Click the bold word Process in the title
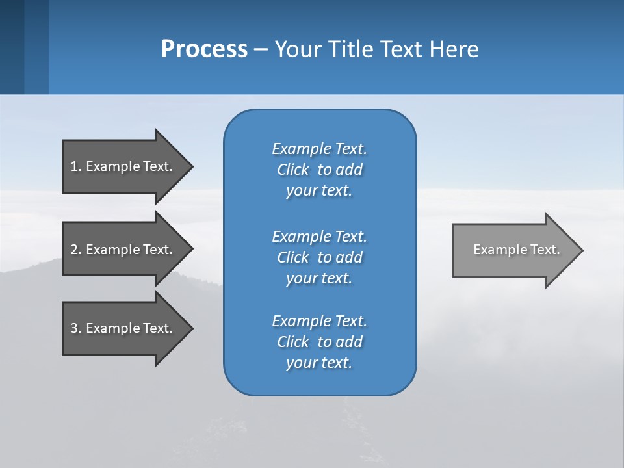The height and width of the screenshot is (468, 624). pyautogui.click(x=204, y=49)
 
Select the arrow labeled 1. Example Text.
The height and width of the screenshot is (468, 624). pyautogui.click(x=123, y=166)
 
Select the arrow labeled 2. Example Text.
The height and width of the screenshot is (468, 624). pyautogui.click(x=123, y=250)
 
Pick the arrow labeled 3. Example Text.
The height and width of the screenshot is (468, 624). pyautogui.click(x=123, y=328)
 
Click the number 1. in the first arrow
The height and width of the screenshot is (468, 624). pyautogui.click(x=76, y=166)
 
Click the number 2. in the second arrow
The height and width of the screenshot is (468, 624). pyautogui.click(x=76, y=250)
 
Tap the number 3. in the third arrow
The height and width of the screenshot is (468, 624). pyautogui.click(x=76, y=328)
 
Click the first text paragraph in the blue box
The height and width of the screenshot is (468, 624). pyautogui.click(x=319, y=170)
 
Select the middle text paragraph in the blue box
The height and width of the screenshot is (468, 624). pyautogui.click(x=319, y=257)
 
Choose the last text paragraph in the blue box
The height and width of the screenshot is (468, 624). pyautogui.click(x=319, y=342)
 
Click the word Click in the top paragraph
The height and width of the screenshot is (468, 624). pyautogui.click(x=293, y=170)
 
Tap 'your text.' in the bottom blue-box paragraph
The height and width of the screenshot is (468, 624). pyautogui.click(x=319, y=363)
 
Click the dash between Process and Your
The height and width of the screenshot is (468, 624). pyautogui.click(x=261, y=50)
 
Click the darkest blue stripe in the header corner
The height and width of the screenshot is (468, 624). pyautogui.click(x=12, y=47)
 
